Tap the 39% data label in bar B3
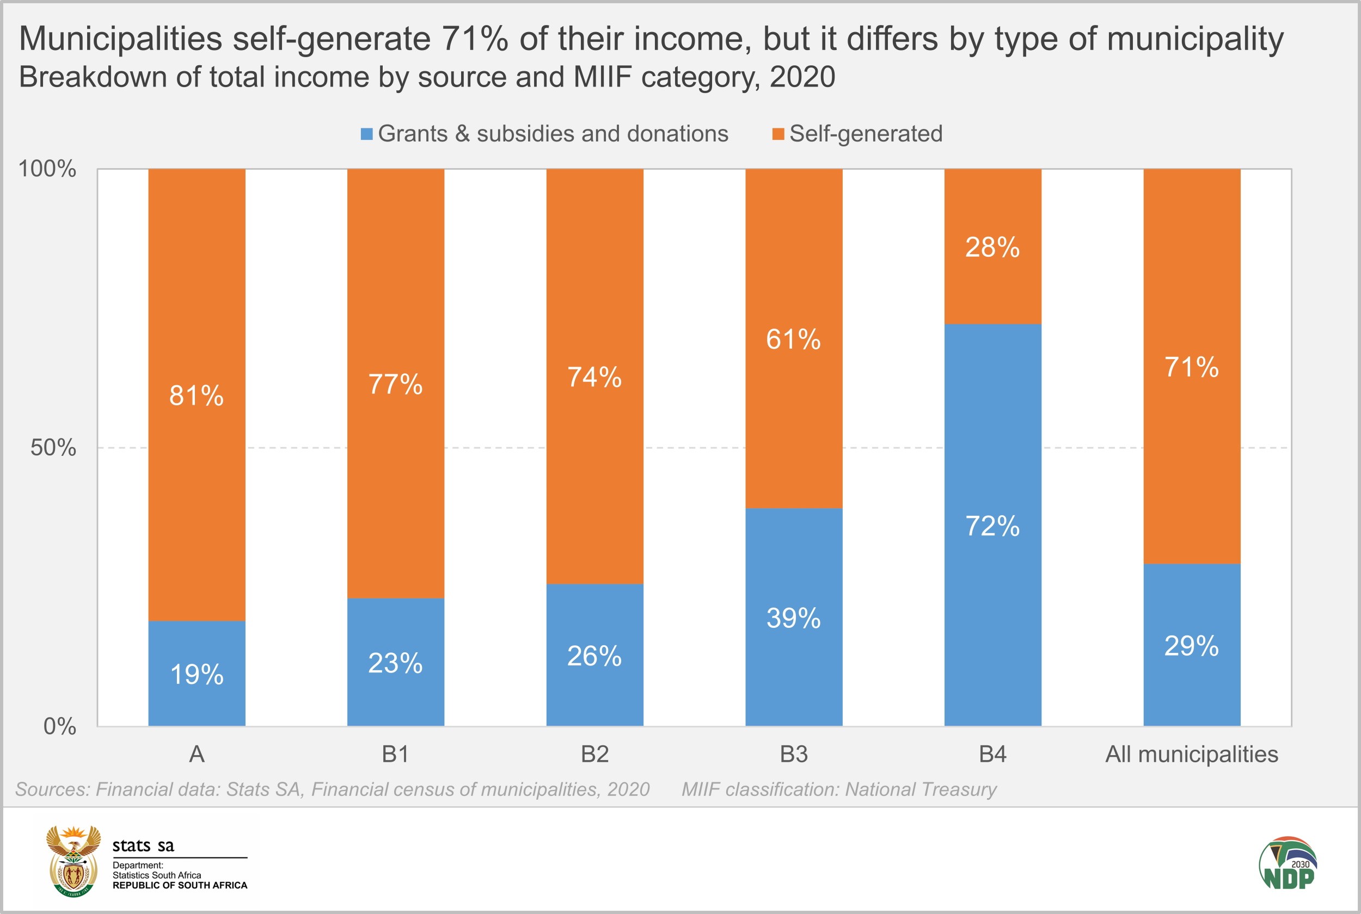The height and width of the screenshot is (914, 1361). click(x=793, y=618)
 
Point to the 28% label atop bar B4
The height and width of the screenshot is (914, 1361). click(x=992, y=247)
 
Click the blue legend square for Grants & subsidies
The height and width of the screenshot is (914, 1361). click(x=366, y=134)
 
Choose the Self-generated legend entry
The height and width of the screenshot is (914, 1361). click(x=866, y=134)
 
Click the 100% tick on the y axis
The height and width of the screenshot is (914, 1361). click(x=47, y=169)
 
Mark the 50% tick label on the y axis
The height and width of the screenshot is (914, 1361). click(x=53, y=448)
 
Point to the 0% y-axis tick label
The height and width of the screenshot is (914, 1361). click(x=59, y=726)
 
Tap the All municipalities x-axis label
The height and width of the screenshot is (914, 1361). click(x=1191, y=754)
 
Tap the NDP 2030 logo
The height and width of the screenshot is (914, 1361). click(x=1288, y=864)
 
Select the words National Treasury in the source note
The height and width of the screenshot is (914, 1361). click(x=921, y=789)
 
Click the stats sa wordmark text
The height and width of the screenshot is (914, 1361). click(x=143, y=845)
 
